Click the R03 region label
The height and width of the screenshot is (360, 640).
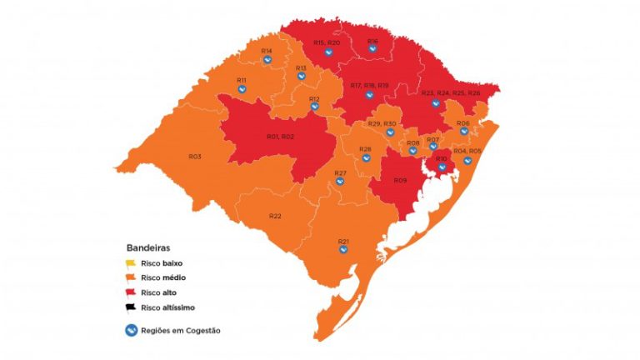pyautogui.click(x=195, y=157)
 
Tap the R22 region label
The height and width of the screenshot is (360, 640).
pyautogui.click(x=275, y=216)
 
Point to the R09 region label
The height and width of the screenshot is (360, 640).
pyautogui.click(x=400, y=181)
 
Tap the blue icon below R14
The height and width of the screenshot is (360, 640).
pyautogui.click(x=267, y=60)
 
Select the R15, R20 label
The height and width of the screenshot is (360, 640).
pyautogui.click(x=327, y=42)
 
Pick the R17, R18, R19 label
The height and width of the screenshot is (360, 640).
pyautogui.click(x=370, y=86)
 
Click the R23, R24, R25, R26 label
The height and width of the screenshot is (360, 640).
pyautogui.click(x=451, y=93)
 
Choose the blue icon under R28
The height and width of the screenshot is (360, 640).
pyautogui.click(x=365, y=158)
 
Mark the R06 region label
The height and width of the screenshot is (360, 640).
pyautogui.click(x=463, y=122)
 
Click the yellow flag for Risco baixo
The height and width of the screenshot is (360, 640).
pyautogui.click(x=132, y=263)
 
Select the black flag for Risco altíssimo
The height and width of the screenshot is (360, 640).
pyautogui.click(x=132, y=307)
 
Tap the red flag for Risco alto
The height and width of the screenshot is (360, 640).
pyautogui.click(x=132, y=292)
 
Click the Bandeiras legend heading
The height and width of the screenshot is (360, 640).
pyautogui.click(x=149, y=247)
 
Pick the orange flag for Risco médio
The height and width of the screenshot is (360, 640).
pyautogui.click(x=132, y=277)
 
